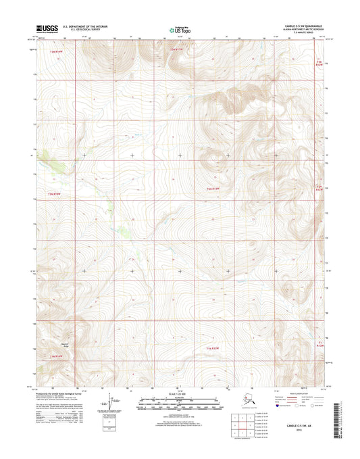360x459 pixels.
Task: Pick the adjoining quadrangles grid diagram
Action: [247, 429]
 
